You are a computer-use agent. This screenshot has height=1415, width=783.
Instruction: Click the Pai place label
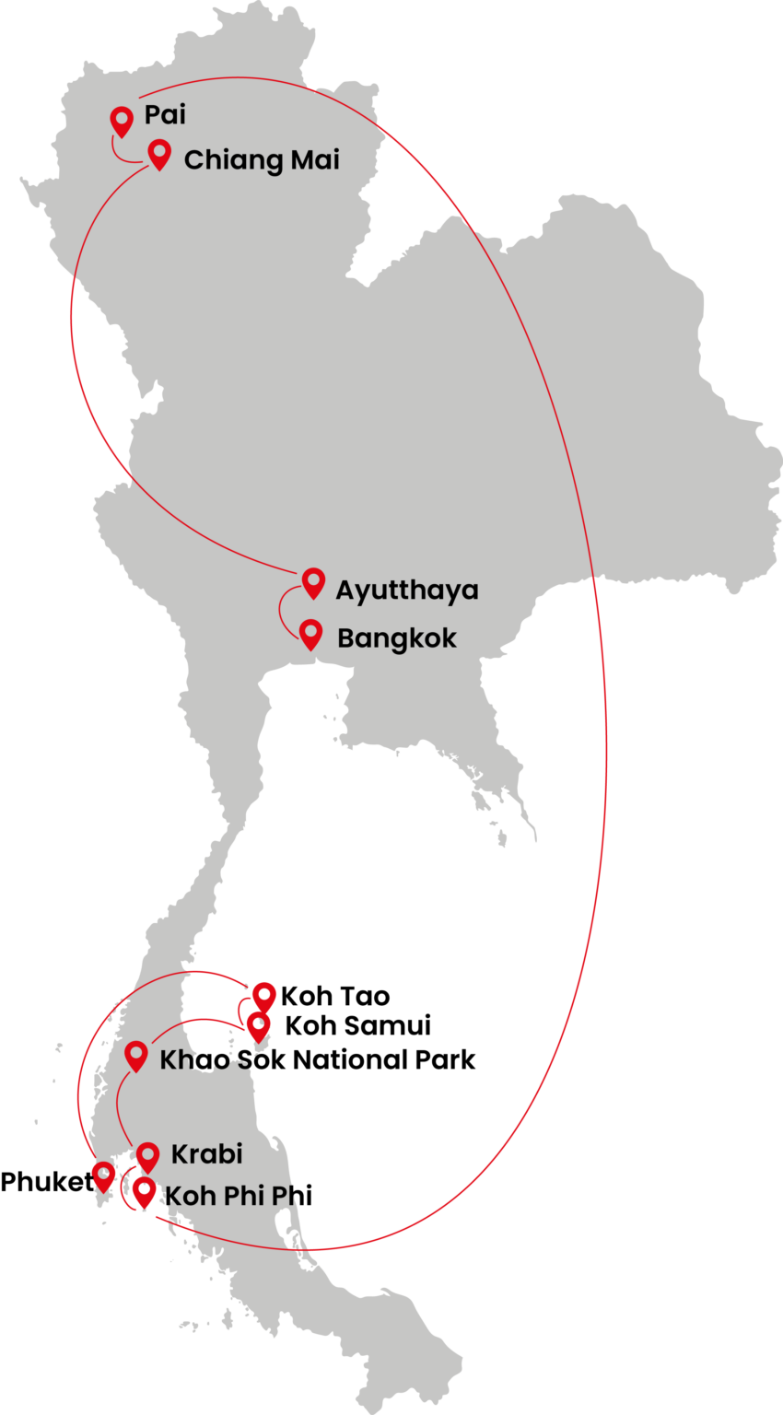click(x=165, y=115)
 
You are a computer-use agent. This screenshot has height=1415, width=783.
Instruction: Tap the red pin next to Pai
click(x=121, y=121)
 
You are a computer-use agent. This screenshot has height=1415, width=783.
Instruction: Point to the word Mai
click(x=315, y=159)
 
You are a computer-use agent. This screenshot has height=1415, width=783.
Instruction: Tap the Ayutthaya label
click(x=406, y=591)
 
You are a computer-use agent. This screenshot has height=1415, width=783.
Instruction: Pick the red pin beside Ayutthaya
click(x=313, y=582)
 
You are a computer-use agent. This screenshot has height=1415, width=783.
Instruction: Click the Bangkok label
click(x=396, y=638)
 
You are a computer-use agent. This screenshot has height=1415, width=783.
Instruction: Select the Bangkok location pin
click(x=311, y=634)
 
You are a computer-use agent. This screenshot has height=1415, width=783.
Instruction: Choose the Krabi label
click(x=206, y=1154)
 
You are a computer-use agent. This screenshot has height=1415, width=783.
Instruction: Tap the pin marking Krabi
click(x=147, y=1156)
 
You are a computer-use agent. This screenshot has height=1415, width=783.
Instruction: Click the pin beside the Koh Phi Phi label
click(x=143, y=1192)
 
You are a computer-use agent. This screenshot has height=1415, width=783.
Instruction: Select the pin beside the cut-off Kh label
click(x=135, y=1055)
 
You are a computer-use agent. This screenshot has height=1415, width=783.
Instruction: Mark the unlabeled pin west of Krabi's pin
click(x=103, y=1175)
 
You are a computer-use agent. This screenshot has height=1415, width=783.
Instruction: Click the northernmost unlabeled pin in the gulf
click(x=264, y=996)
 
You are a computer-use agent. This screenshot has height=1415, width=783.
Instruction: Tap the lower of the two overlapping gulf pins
click(x=258, y=1025)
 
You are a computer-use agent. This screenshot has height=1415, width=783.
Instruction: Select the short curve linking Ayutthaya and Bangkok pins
click(x=283, y=610)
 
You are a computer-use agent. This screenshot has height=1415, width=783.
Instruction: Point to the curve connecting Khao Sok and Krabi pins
click(x=119, y=1105)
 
